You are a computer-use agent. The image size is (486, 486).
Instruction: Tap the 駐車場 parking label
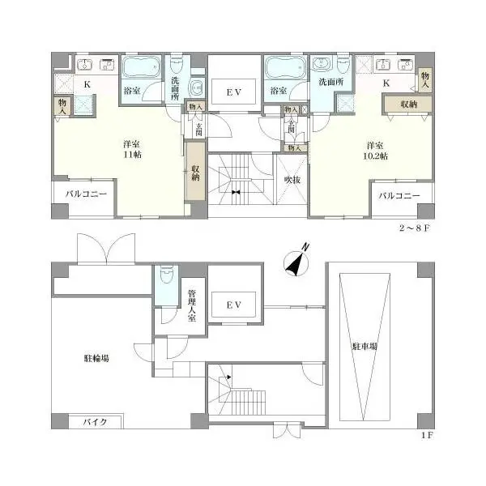click(364, 346)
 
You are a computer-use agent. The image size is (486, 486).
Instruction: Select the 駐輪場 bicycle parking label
click(96, 357)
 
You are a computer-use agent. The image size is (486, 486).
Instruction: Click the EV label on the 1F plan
click(234, 305)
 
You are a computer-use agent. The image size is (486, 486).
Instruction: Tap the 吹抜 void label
click(292, 180)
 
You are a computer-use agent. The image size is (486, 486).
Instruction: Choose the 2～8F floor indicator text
click(416, 229)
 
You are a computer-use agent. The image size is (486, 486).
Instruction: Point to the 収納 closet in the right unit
click(407, 104)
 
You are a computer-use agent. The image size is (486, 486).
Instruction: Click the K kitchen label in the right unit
click(386, 83)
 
